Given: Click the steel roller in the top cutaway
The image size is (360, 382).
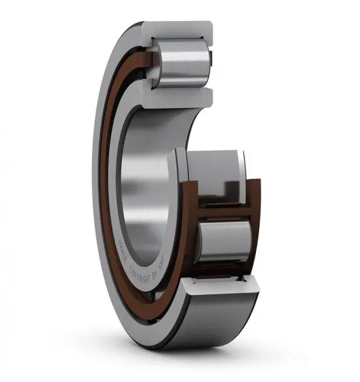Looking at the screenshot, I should [181, 60].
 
